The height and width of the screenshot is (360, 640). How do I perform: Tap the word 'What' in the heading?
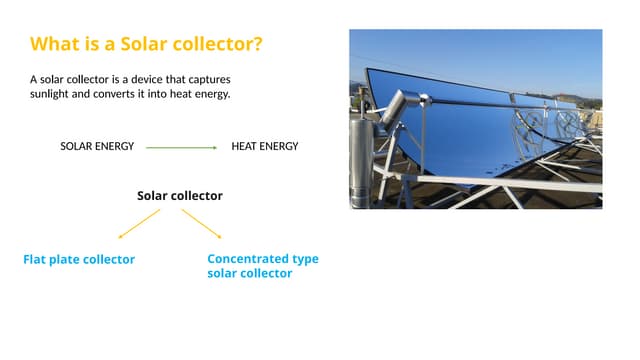pyautogui.click(x=54, y=45)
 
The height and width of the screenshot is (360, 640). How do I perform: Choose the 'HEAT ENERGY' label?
pyautogui.click(x=264, y=146)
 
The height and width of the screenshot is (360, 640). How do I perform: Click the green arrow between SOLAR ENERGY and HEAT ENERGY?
pyautogui.click(x=181, y=147)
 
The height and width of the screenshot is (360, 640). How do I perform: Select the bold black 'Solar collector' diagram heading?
pyautogui.click(x=180, y=196)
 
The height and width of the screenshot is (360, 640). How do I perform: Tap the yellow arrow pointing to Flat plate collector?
pyautogui.click(x=139, y=223)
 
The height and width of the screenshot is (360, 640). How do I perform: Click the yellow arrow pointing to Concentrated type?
pyautogui.click(x=202, y=223)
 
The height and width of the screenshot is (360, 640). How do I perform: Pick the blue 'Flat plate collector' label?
pyautogui.click(x=79, y=260)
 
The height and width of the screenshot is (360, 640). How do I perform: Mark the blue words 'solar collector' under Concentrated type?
pyautogui.click(x=249, y=274)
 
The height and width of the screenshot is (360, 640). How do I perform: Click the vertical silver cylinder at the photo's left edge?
pyautogui.click(x=359, y=160)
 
